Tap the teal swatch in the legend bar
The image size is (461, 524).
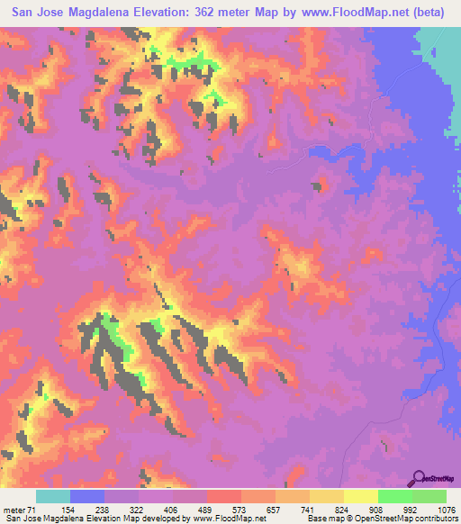coord(53,497)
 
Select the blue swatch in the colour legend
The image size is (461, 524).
coord(87,497)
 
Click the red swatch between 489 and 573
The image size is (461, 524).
coord(224,497)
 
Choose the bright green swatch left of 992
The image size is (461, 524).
coord(394,497)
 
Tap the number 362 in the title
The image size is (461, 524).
coord(212,12)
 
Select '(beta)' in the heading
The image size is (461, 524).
coord(422,12)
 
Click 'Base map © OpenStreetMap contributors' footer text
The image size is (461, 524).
coord(381,518)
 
